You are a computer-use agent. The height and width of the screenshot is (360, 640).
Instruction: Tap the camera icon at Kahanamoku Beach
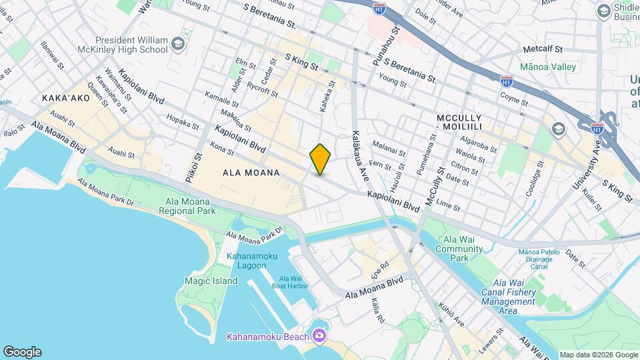[x=319, y=335]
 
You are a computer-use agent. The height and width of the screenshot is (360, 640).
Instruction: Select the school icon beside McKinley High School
[x=177, y=44]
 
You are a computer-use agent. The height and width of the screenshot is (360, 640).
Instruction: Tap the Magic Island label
[x=211, y=281]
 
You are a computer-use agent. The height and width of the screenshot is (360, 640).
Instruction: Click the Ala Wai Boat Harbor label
[x=293, y=283]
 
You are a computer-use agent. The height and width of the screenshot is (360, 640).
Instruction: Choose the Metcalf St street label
[x=543, y=49]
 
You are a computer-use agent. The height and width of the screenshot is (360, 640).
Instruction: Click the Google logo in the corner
[x=22, y=352]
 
